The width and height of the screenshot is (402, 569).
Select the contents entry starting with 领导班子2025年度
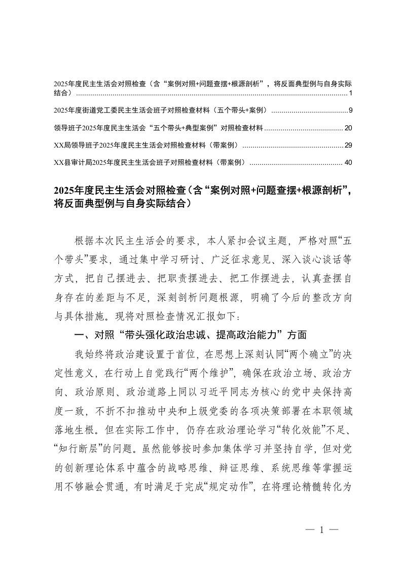point(158,128)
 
